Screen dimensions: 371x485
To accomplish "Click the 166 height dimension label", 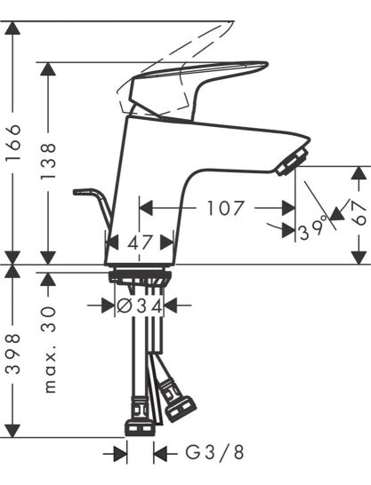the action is tap(13, 142).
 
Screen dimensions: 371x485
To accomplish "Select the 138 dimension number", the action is tap(48, 161).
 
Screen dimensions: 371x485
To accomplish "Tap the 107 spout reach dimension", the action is tap(225, 208).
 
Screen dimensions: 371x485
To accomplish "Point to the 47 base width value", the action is tap(141, 242).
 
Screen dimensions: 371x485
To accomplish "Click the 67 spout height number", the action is tap(359, 213).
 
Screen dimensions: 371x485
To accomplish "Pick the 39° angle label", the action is tap(313, 229).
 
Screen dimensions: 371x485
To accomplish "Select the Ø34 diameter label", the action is tap(140, 306).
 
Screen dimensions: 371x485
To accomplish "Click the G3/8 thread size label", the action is tap(214, 453).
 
